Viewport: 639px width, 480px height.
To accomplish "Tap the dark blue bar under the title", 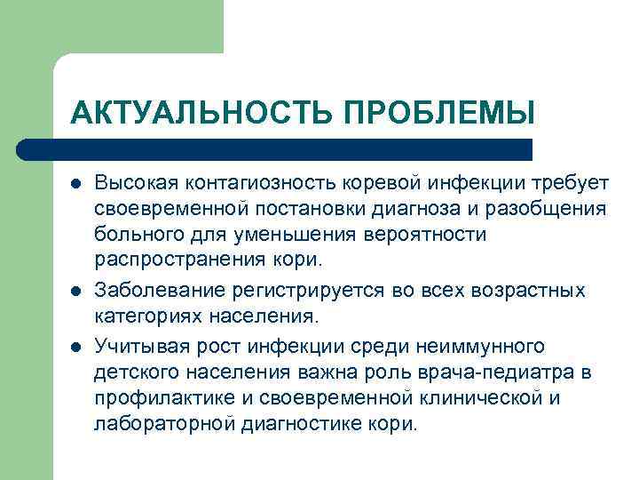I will click(x=275, y=148).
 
